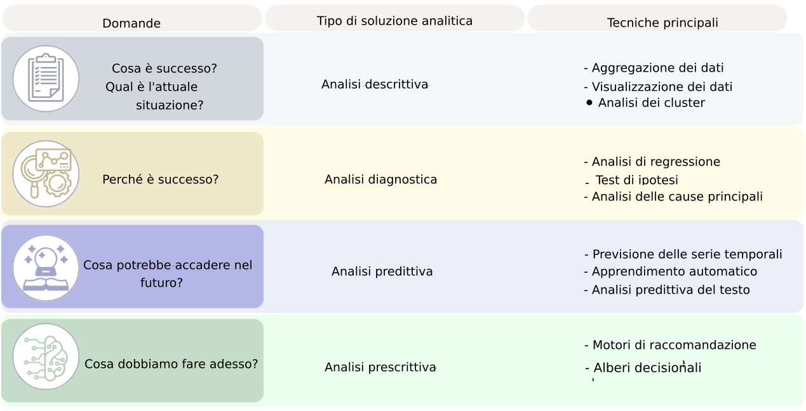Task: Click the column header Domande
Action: tap(131, 23)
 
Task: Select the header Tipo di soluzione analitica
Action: tap(394, 21)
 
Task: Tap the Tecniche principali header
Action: tap(662, 23)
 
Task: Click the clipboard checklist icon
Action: tap(46, 79)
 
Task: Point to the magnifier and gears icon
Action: tap(46, 174)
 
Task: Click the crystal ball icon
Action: tap(46, 268)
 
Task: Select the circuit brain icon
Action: tap(46, 357)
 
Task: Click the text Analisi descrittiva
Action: tap(375, 84)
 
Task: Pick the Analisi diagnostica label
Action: tap(380, 179)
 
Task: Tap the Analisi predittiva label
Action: tap(382, 271)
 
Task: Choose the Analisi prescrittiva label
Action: tap(380, 367)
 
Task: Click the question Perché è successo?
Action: tap(160, 179)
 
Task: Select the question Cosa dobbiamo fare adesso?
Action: tap(171, 364)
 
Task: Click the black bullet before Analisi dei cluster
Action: tap(589, 102)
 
